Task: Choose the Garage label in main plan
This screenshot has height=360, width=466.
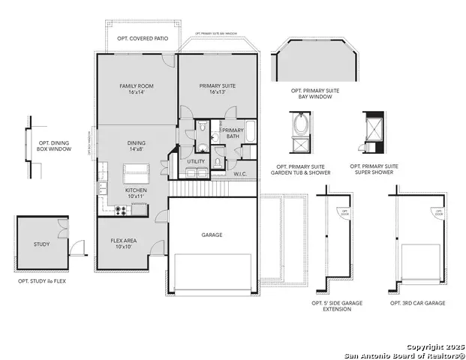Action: coord(212,235)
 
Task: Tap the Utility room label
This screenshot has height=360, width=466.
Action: coord(196,161)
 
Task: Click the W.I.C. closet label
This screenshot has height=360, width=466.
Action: coord(240,174)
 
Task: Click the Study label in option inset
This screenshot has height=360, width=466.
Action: coord(41,244)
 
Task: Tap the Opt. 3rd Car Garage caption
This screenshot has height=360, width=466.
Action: coord(417,303)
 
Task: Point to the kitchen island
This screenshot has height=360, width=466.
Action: coord(140,175)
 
